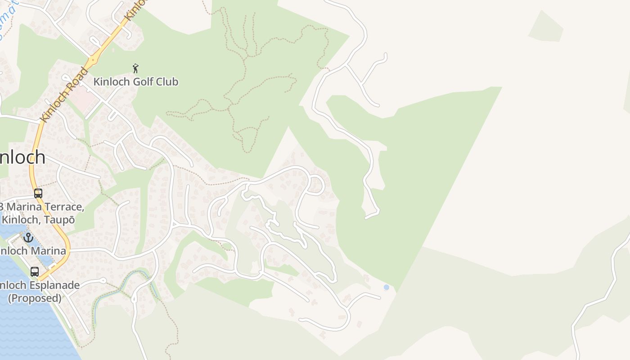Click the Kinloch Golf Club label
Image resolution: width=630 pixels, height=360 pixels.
tap(135, 82)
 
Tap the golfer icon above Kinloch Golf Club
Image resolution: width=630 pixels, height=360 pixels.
tap(135, 68)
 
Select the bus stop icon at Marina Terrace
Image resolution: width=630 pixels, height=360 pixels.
tap(38, 193)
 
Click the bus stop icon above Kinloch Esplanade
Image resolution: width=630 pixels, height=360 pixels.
tap(35, 272)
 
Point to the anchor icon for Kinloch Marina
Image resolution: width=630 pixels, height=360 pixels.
tap(28, 237)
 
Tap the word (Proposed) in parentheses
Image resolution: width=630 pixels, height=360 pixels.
tap(35, 298)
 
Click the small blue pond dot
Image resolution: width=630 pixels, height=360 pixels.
tap(386, 287)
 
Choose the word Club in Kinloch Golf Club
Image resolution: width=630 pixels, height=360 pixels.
tap(167, 82)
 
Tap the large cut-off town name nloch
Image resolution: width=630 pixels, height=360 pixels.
tap(22, 157)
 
